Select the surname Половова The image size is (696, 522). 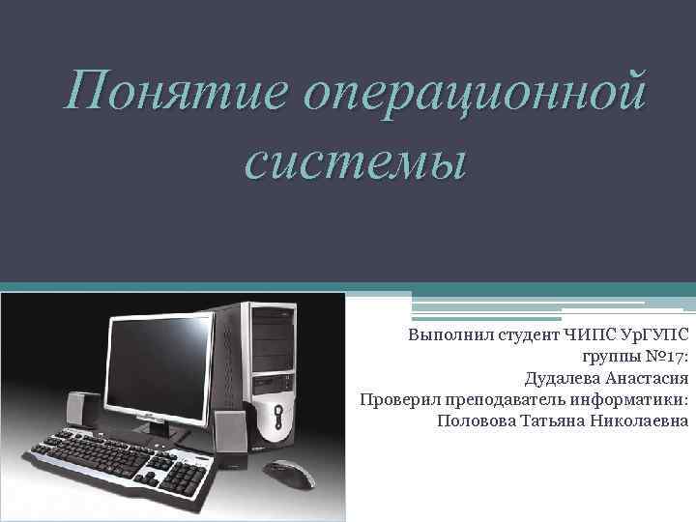tap(478, 421)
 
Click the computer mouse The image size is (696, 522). tap(289, 476)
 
